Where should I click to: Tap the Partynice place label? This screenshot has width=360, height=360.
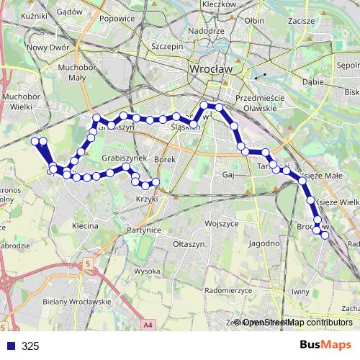coord(144,230)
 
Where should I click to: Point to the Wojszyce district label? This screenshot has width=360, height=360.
coord(220,224)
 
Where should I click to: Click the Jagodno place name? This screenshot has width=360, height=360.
coord(264,243)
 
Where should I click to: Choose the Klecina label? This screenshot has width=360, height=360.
coord(84,225)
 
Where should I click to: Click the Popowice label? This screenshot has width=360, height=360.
coord(117,19)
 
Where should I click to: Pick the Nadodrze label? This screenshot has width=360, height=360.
coord(206,32)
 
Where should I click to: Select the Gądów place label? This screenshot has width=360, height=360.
coord(69,12)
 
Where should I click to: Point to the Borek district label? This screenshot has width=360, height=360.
coord(165,158)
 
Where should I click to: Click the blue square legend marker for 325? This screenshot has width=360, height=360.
coord(10,346)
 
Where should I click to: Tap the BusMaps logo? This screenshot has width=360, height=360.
coord(325,346)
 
